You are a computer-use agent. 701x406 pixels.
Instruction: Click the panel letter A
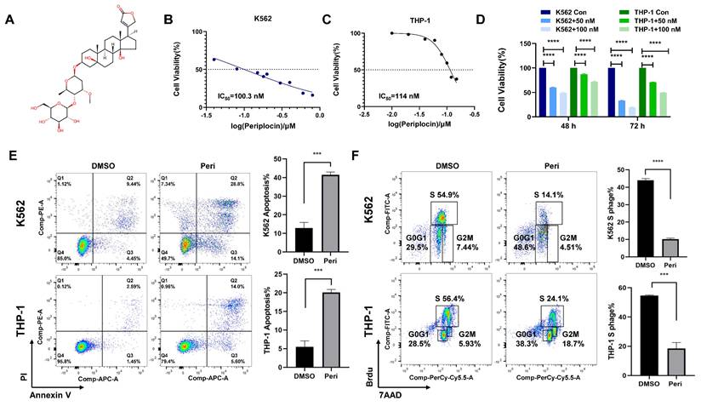9,19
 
